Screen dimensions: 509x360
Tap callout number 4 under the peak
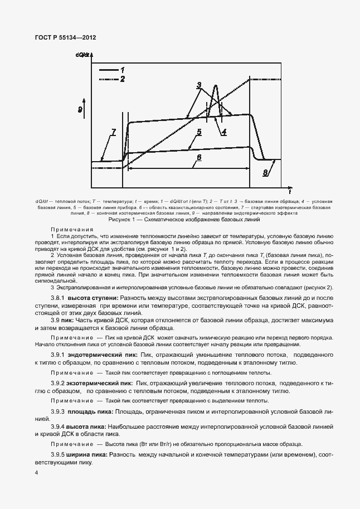[x=223, y=133]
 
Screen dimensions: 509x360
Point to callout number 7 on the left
[x=114, y=132]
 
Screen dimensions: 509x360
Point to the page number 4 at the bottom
[x=36, y=472]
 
